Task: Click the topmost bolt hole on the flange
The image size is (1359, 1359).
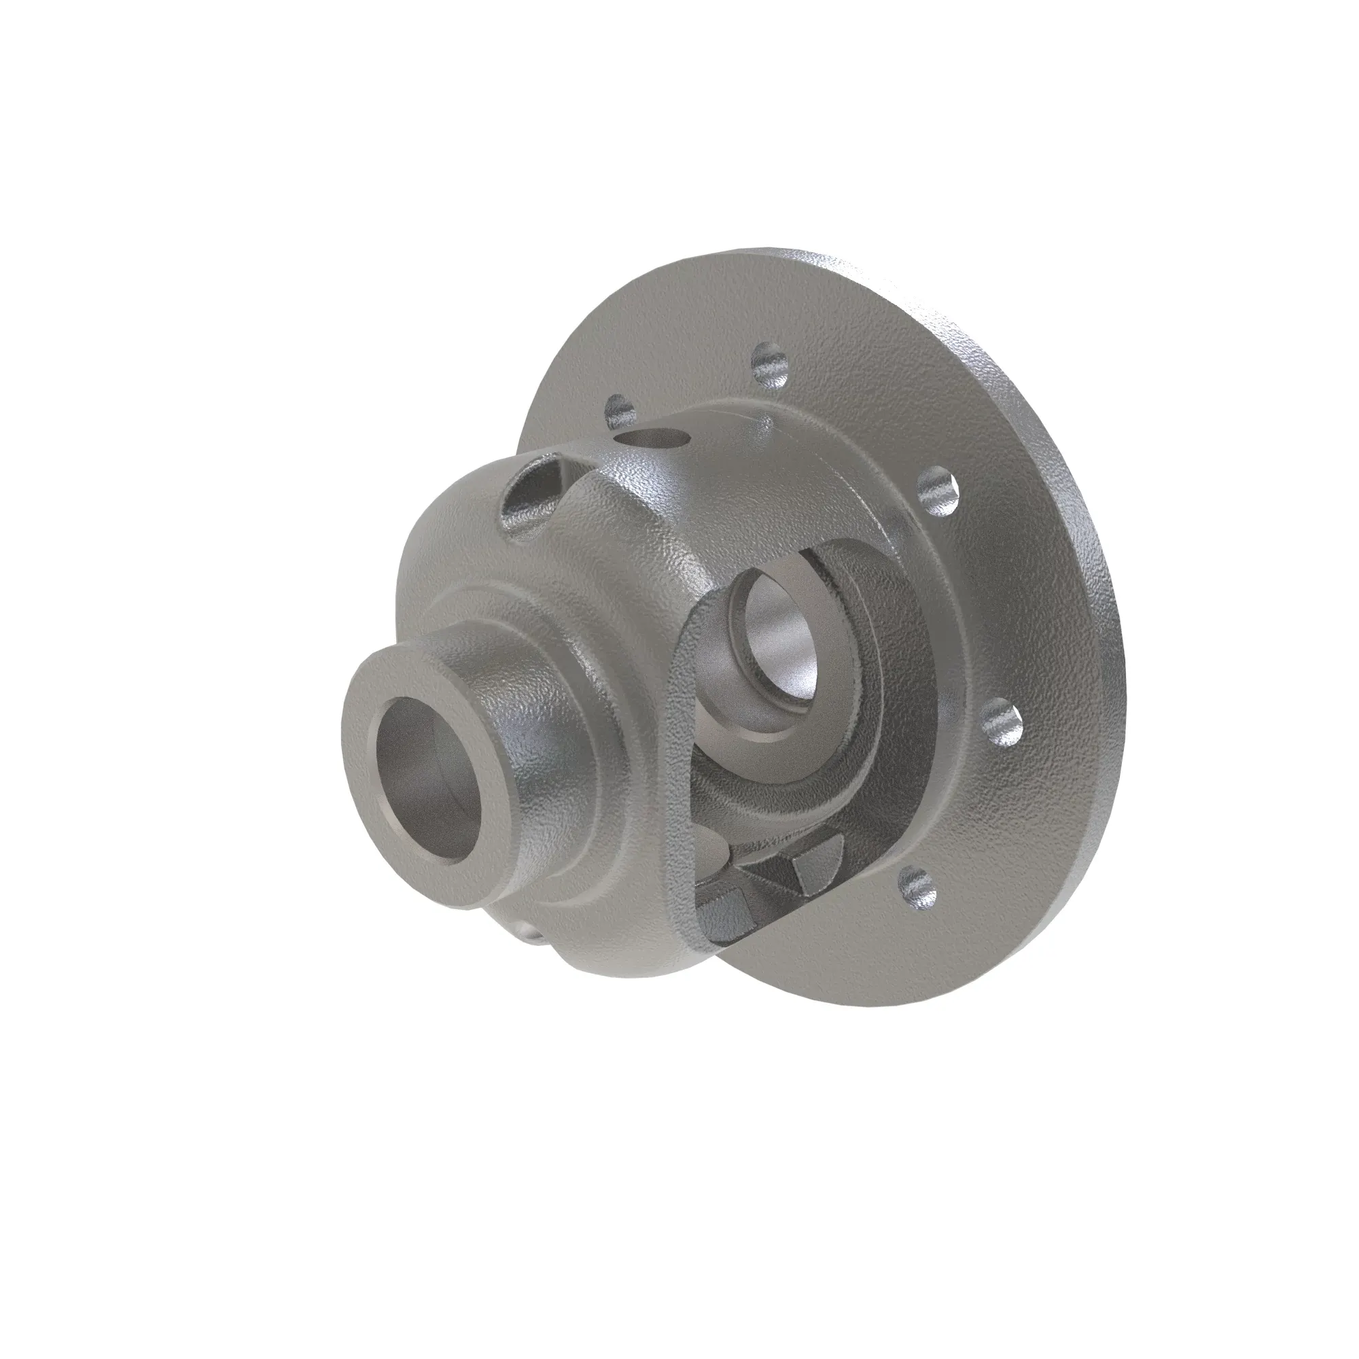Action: [x=771, y=365]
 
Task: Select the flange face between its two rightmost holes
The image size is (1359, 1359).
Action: [x=985, y=605]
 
